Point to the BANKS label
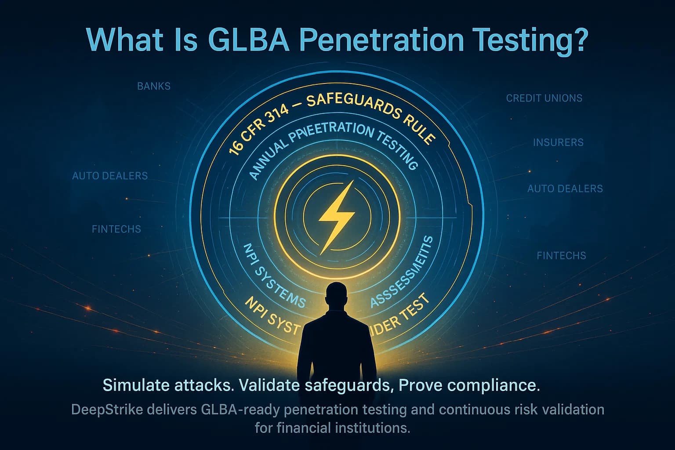click(154, 86)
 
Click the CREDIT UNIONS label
click(544, 98)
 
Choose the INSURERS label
click(558, 142)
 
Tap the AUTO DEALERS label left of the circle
click(110, 176)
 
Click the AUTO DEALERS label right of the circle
click(565, 189)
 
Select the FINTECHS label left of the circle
click(116, 229)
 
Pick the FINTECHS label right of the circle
click(562, 255)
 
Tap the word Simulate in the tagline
click(135, 385)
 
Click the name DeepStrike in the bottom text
click(107, 410)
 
